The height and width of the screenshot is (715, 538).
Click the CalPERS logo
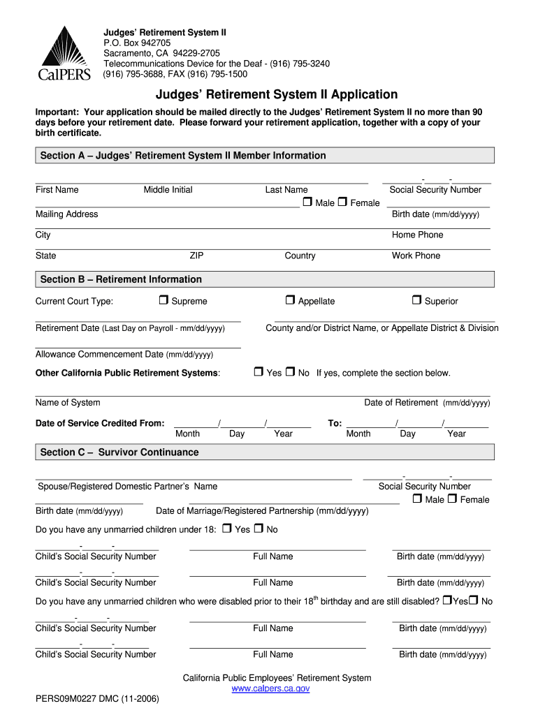pyautogui.click(x=64, y=53)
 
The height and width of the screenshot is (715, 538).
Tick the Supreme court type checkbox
pyautogui.click(x=163, y=300)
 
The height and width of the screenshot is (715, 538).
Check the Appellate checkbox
pyautogui.click(x=290, y=300)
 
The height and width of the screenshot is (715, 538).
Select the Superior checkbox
pyautogui.click(x=416, y=300)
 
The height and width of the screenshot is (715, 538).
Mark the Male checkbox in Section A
pyautogui.click(x=307, y=202)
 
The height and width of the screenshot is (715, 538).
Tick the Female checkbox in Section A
pyautogui.click(x=342, y=202)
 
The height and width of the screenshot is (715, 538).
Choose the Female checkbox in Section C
pyautogui.click(x=452, y=499)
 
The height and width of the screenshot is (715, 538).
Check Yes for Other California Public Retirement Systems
pyautogui.click(x=258, y=372)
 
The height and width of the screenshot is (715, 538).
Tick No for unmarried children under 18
pyautogui.click(x=259, y=529)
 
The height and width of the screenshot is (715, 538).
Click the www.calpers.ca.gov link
pyautogui.click(x=270, y=688)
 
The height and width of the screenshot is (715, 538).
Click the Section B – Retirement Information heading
pyautogui.click(x=121, y=279)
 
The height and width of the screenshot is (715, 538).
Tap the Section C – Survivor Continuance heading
pyautogui.click(x=119, y=452)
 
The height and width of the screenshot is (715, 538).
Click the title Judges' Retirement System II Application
pyautogui.click(x=276, y=94)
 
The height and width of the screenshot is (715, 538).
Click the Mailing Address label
pyautogui.click(x=67, y=214)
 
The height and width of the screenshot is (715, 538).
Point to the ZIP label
pyautogui.click(x=196, y=256)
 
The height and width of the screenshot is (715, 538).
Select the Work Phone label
pyautogui.click(x=416, y=256)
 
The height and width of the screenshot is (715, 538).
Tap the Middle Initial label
pyautogui.click(x=168, y=190)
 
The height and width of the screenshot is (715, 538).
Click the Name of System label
pyautogui.click(x=68, y=403)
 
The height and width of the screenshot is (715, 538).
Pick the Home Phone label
pyautogui.click(x=417, y=235)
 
